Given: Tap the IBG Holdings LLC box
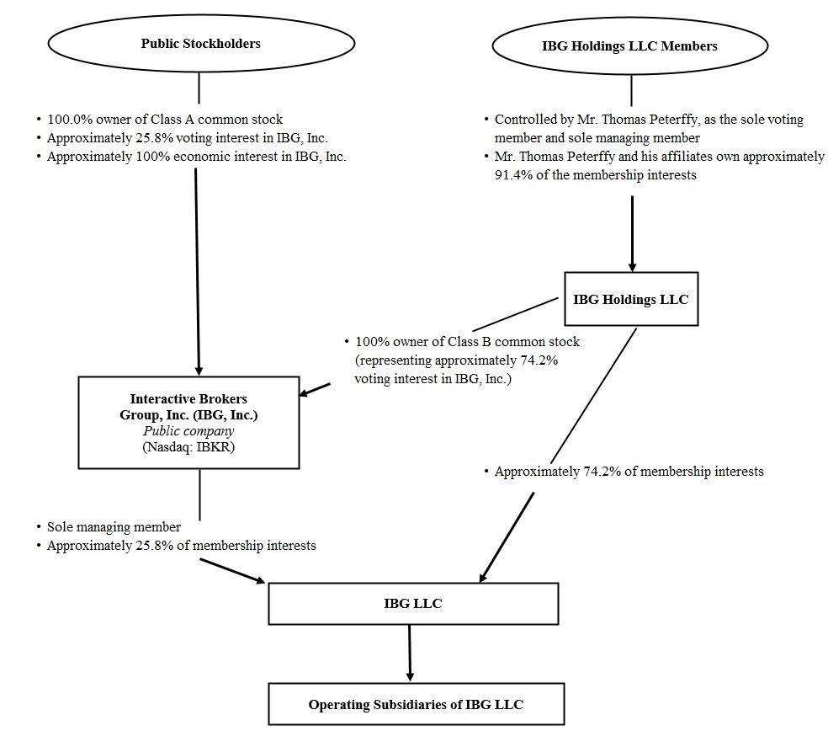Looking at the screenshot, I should click(630, 299).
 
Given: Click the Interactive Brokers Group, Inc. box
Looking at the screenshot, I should click(188, 422).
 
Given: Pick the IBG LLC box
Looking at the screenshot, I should click(413, 603).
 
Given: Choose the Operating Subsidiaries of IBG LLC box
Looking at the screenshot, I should click(417, 704).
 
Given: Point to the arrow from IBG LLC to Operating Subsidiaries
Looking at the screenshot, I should click(410, 654).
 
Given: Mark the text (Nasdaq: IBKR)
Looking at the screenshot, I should click(188, 447).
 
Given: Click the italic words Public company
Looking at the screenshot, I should click(188, 431).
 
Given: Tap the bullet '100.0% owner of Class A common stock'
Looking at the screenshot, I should click(164, 120).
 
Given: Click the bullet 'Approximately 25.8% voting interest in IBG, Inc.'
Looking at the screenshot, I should click(187, 138).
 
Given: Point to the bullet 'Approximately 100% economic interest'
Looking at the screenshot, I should click(196, 157).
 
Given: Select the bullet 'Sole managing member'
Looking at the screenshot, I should click(114, 527).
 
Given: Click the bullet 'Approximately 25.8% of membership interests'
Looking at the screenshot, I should click(181, 546).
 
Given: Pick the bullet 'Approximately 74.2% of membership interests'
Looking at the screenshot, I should click(629, 472).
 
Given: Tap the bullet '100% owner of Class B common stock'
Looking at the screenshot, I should click(467, 343).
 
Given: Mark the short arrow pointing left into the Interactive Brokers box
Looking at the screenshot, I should click(316, 389).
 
